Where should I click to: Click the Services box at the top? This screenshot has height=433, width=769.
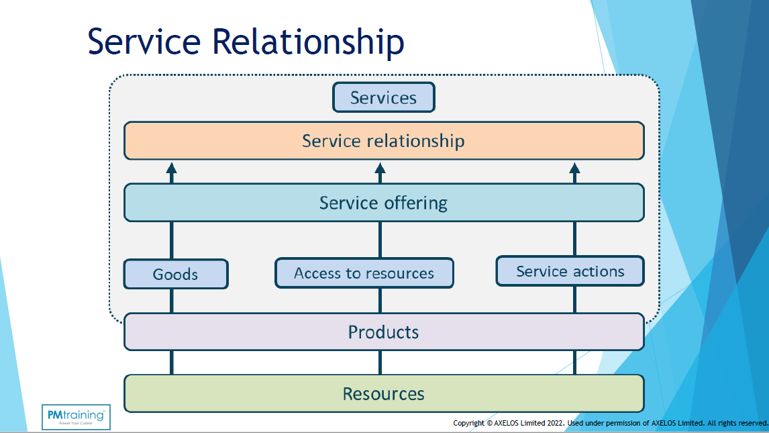click(384, 97)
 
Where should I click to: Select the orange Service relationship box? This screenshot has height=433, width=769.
click(384, 141)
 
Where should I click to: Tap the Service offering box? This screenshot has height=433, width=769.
click(384, 203)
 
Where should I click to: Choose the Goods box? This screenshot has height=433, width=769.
click(176, 274)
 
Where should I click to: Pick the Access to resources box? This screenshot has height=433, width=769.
click(364, 273)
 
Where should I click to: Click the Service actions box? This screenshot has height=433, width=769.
click(570, 271)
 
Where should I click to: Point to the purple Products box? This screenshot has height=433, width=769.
click(384, 332)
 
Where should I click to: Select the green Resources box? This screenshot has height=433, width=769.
click(384, 393)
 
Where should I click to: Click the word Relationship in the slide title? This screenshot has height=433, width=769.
click(309, 42)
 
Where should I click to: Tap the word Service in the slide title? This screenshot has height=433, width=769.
click(144, 42)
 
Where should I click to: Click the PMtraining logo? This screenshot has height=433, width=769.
click(75, 417)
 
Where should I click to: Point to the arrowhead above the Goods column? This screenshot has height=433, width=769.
click(172, 168)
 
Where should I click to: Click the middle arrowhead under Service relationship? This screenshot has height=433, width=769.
click(380, 168)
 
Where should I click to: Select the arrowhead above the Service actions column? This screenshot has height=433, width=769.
click(574, 168)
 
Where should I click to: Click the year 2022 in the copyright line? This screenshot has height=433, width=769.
click(554, 423)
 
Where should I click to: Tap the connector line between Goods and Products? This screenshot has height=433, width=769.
click(172, 301)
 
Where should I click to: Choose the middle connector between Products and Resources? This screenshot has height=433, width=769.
click(380, 363)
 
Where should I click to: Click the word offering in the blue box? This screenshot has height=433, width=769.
click(416, 203)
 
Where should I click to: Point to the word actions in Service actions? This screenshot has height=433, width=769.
click(599, 271)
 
